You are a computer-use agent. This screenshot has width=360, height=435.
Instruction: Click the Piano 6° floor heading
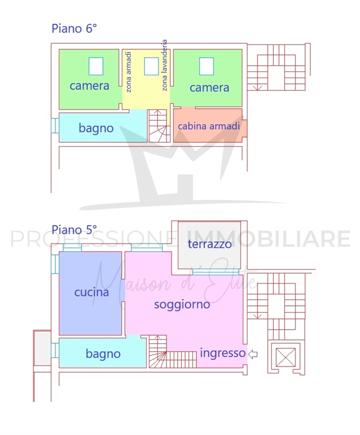coord(74,28)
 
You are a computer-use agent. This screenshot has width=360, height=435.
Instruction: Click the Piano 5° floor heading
coord(74,230)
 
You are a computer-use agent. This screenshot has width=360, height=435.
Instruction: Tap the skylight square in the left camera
coord(96,66)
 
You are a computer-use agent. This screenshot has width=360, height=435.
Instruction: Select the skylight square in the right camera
coord(207,66)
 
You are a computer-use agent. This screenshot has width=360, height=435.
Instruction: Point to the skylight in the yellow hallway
coord(152,66)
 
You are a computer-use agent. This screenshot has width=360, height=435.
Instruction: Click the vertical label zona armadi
coord(128,72)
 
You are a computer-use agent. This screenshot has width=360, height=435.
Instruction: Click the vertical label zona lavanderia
coord(164,65)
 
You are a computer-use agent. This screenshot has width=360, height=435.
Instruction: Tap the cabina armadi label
coord(209,126)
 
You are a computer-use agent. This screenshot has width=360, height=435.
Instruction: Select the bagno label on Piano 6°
coord(96,128)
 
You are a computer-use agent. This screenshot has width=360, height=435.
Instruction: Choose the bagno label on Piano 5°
coord(103,353)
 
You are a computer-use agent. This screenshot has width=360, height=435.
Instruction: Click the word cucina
coord(92,292)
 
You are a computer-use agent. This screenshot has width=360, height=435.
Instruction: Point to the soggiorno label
coord(182,305)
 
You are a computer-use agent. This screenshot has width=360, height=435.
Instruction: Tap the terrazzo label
coord(209,244)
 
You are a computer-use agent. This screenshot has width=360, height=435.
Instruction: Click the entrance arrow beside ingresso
coord(252,354)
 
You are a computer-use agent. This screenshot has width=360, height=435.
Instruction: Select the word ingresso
coord(222,353)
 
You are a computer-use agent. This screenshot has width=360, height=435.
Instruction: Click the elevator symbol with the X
coord(286,357)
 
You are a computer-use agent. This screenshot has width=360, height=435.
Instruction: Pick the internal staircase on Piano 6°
coord(159,126)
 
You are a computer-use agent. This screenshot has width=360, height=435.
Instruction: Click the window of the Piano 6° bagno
coord(55,126)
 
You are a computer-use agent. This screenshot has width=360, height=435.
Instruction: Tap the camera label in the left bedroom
coord(89,86)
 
